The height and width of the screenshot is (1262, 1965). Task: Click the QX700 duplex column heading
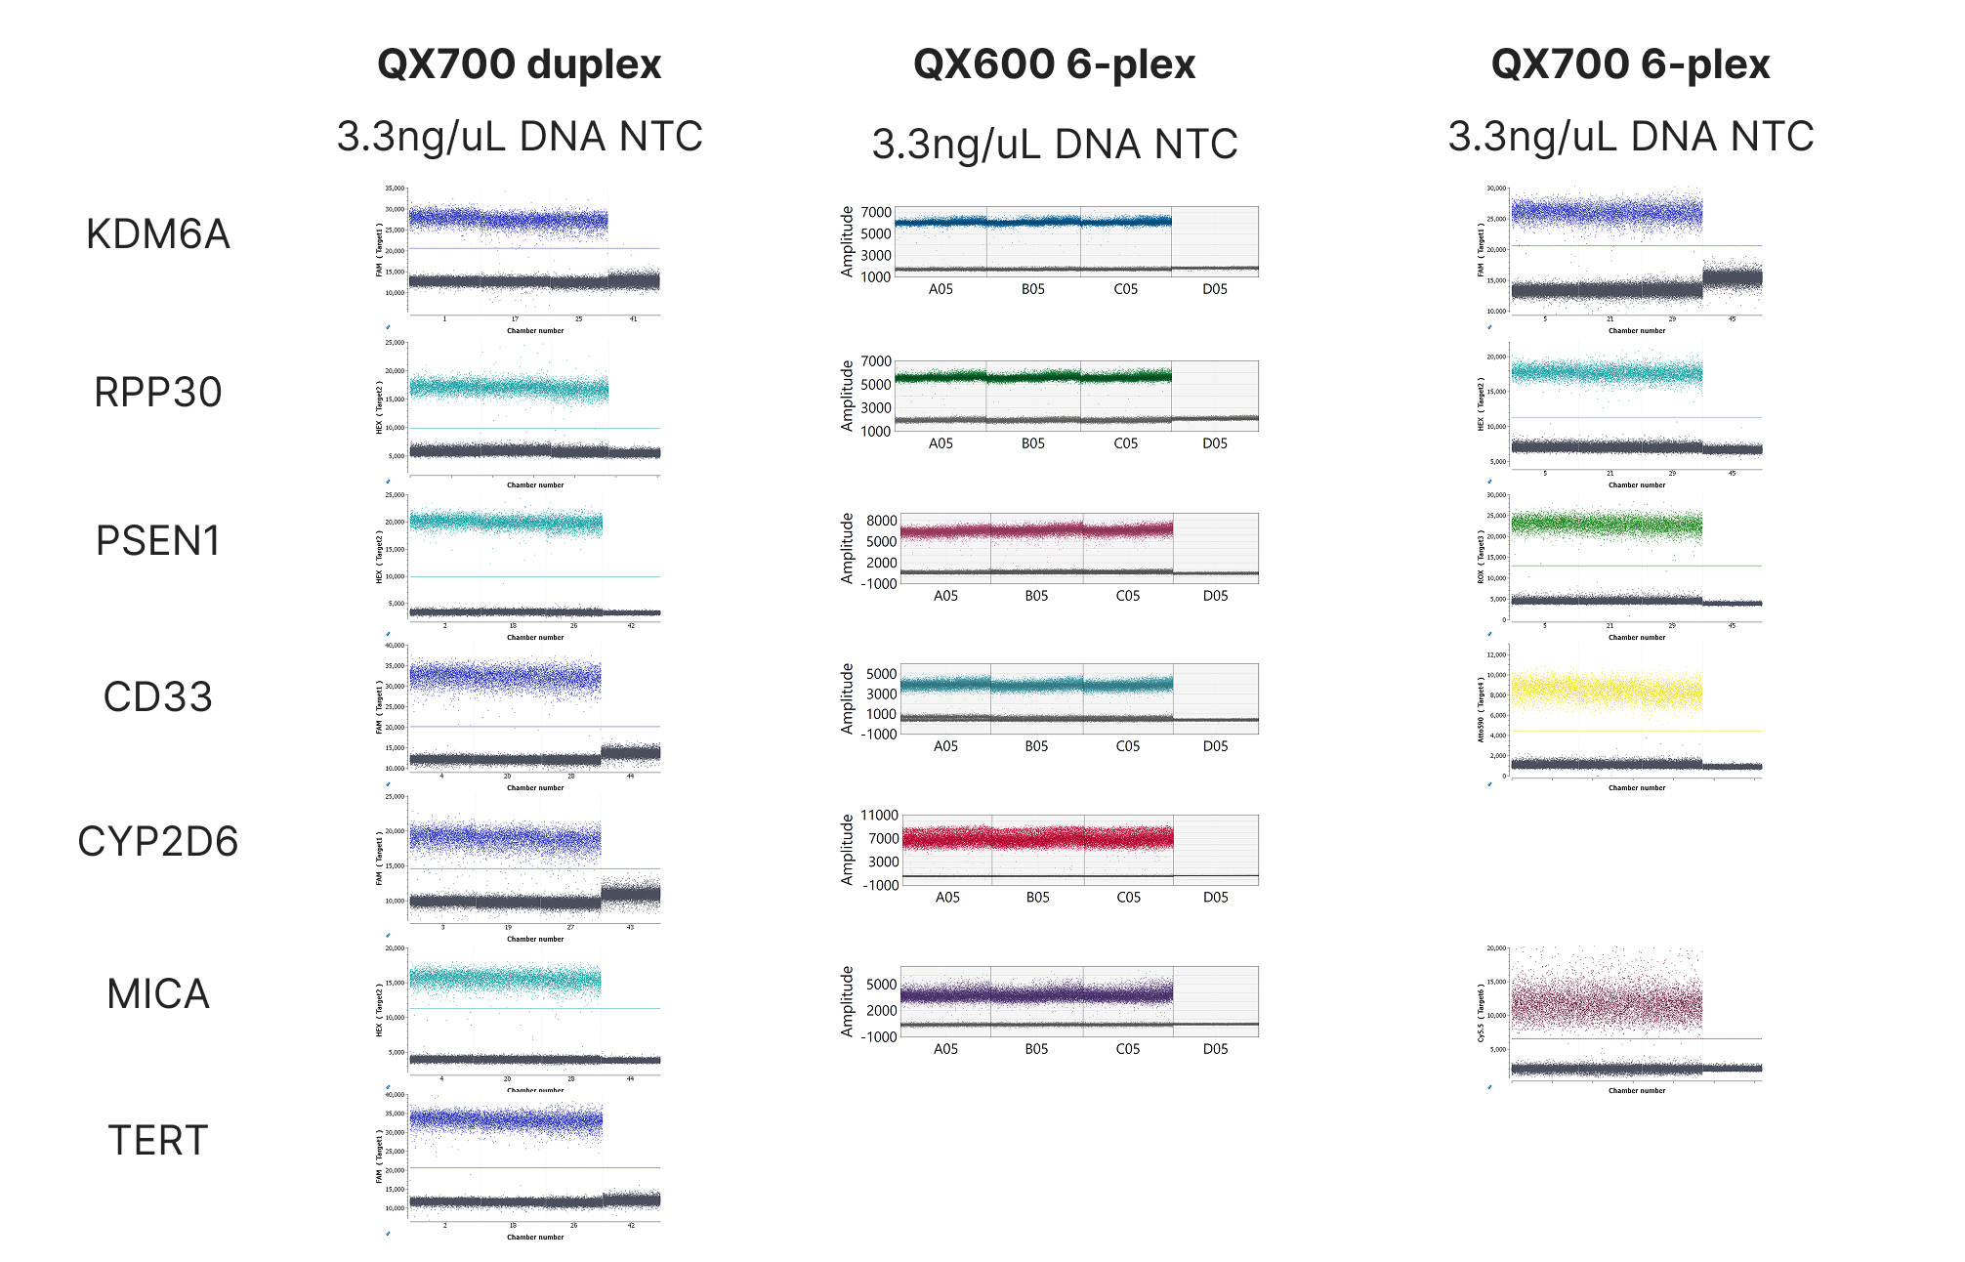519,64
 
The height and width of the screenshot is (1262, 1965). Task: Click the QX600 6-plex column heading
1054,64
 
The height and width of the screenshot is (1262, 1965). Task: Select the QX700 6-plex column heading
1630,64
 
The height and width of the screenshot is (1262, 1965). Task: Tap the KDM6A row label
157,234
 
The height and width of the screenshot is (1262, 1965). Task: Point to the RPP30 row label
157,393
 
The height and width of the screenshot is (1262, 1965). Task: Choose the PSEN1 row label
157,541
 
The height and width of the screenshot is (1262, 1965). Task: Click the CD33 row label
157,697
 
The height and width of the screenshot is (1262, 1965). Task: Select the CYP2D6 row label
157,842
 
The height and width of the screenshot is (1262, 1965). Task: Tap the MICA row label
157,994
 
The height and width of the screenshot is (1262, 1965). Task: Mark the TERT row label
157,1141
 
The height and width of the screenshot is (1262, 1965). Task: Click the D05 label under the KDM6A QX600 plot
1215,289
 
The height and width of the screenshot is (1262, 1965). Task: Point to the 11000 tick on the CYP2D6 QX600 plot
879,816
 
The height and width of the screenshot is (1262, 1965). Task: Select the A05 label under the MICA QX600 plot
945,1049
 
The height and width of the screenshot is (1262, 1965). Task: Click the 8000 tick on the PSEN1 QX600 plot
881,521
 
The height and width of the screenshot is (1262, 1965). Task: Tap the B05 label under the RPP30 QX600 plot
1033,443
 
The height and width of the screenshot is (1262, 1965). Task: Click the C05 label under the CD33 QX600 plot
1127,746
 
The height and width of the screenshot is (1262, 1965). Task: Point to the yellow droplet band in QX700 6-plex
1607,691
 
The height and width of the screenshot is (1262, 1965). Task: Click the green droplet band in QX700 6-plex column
1607,525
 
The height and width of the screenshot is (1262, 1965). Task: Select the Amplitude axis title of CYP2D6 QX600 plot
847,850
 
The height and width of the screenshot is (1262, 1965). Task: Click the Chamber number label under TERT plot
535,1238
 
